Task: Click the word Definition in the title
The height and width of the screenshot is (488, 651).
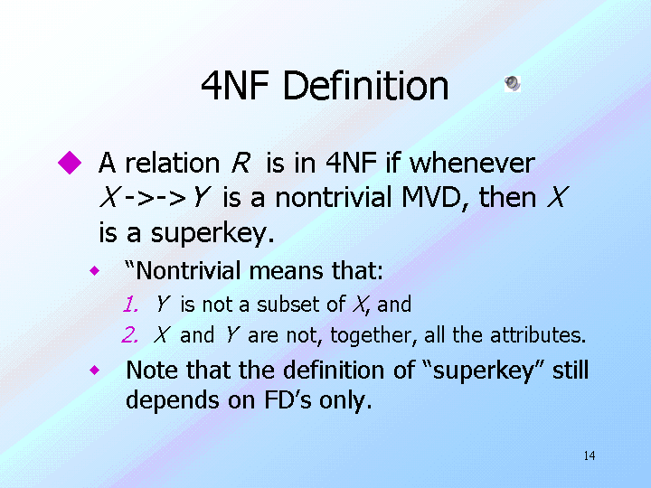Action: [365, 86]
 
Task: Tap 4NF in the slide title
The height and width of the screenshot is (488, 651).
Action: [235, 86]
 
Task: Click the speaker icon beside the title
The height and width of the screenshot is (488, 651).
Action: [513, 83]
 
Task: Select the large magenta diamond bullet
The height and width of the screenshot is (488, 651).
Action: [70, 163]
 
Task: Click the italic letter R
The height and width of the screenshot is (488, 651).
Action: [241, 163]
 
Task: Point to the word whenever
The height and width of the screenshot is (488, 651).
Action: [472, 163]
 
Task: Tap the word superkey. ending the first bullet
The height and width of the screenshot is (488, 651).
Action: [212, 233]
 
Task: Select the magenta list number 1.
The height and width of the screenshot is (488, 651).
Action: [130, 305]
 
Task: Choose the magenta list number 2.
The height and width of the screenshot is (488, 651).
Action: [129, 335]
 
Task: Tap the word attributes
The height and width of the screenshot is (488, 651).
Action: [538, 335]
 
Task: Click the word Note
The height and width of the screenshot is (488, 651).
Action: [152, 370]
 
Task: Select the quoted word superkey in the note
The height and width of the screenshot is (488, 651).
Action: [484, 371]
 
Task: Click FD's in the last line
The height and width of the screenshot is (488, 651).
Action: [288, 400]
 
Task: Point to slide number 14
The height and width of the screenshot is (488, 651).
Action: [590, 456]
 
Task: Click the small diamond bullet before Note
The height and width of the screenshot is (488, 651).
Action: [95, 370]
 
